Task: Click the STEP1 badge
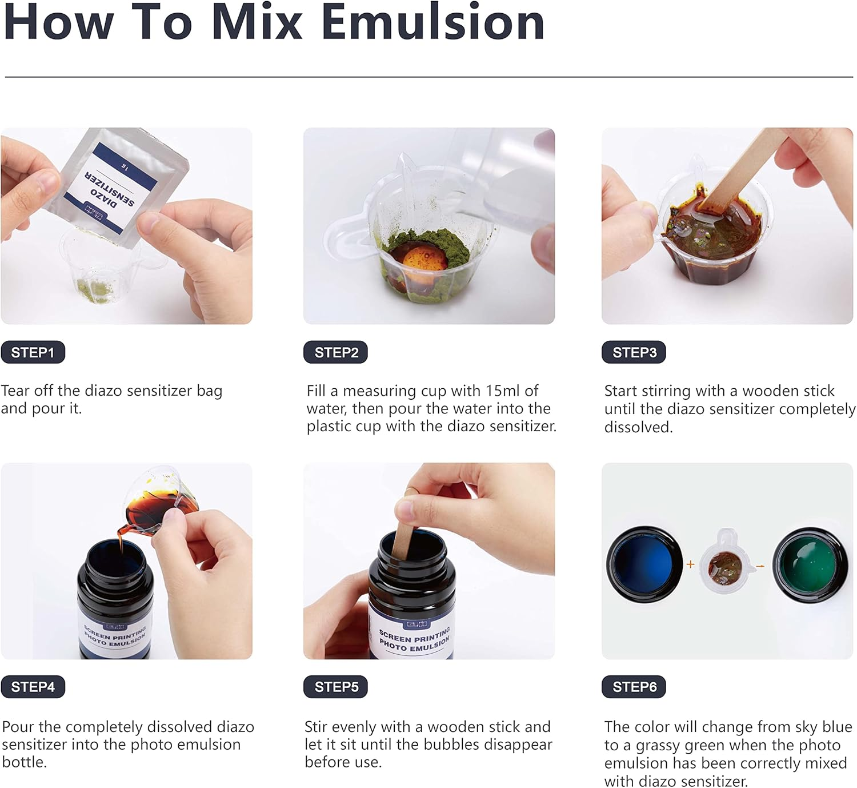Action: [x=33, y=352]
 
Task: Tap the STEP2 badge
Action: [x=335, y=352]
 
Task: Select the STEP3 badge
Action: [x=634, y=352]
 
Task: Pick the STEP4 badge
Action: [x=33, y=687]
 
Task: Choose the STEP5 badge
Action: [x=335, y=687]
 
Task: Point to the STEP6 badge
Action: [x=634, y=687]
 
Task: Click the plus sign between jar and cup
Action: [x=690, y=564]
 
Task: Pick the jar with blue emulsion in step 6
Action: [x=644, y=564]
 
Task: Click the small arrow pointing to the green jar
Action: [x=760, y=566]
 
